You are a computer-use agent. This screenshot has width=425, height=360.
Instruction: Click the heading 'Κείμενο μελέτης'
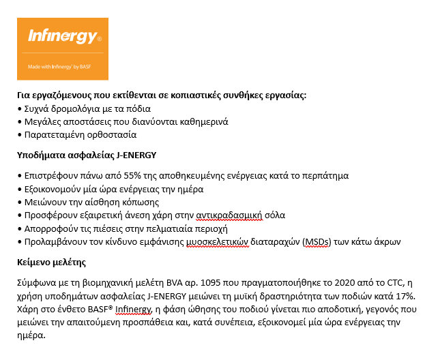click(51, 261)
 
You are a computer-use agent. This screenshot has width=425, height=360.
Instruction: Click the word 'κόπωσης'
click(140, 202)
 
